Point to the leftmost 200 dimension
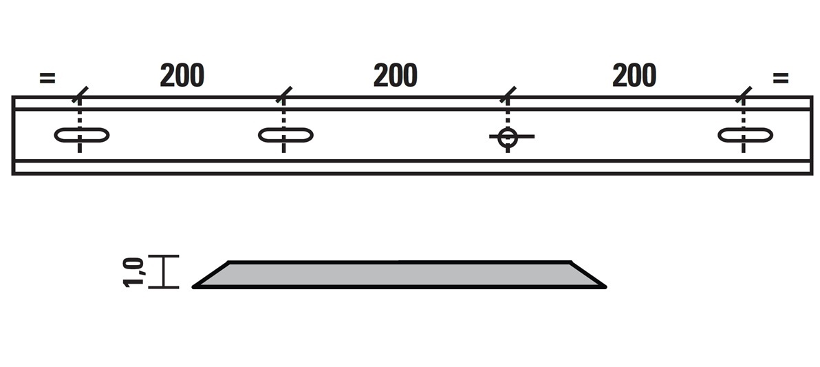tap(182, 75)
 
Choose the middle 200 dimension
tap(396, 75)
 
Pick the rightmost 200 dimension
tap(634, 75)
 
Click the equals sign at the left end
tap(47, 78)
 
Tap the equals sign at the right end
tap(780, 78)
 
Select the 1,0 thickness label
tap(133, 272)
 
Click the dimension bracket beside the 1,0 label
tap(163, 272)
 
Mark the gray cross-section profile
tap(399, 274)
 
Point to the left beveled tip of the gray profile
tap(193, 287)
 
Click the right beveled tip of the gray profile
tap(605, 287)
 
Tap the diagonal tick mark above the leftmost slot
tap(80, 95)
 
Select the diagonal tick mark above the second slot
tap(283, 95)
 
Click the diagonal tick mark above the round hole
tap(507, 95)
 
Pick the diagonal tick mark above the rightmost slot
tap(743, 95)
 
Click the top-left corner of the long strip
tap(12, 97)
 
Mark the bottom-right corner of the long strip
tap(812, 174)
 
